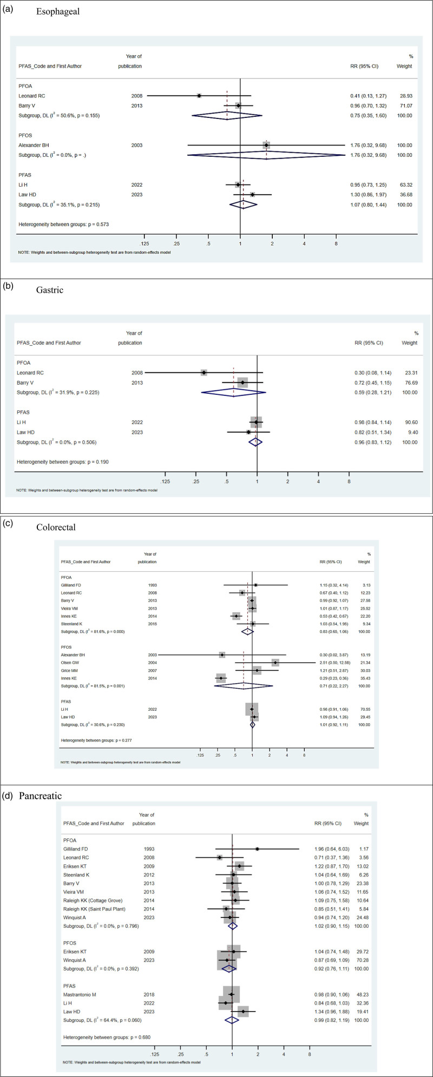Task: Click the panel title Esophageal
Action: coord(58,11)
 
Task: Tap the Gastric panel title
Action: coord(50,290)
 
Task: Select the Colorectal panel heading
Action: coord(56,527)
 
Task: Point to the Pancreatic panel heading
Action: coord(41,796)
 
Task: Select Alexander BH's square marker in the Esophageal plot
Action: coord(266,145)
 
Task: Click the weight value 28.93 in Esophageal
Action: coord(405,96)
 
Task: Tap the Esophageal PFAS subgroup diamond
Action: coord(243,204)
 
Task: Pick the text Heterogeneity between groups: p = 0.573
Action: coord(64,224)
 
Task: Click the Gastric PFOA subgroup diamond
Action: coord(233,392)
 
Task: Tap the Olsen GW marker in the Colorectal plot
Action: coord(275,663)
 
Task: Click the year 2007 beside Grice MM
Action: coord(153,671)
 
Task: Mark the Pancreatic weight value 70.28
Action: coord(362,960)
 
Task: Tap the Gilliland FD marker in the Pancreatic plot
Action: coord(257,849)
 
